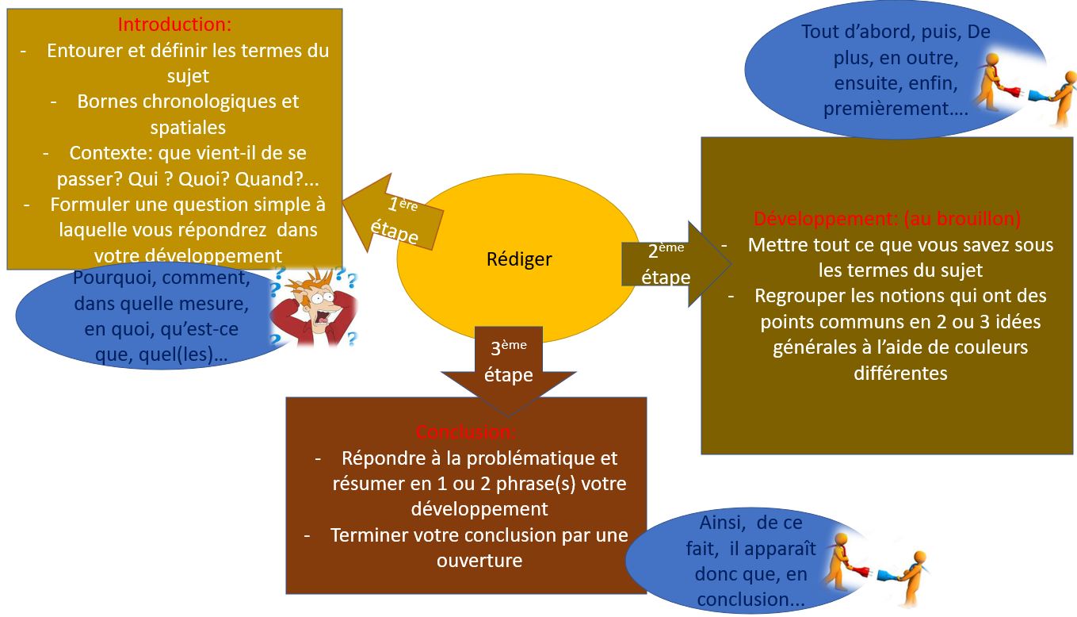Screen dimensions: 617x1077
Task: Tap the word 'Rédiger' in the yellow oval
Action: coord(519,259)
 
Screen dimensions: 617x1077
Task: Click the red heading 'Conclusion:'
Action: coord(466,433)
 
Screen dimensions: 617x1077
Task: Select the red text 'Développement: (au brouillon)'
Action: coord(887,218)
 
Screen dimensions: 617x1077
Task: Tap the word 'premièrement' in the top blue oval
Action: coord(886,109)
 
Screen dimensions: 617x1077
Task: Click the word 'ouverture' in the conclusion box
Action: coord(479,560)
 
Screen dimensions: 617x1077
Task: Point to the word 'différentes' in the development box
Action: coord(900,373)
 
